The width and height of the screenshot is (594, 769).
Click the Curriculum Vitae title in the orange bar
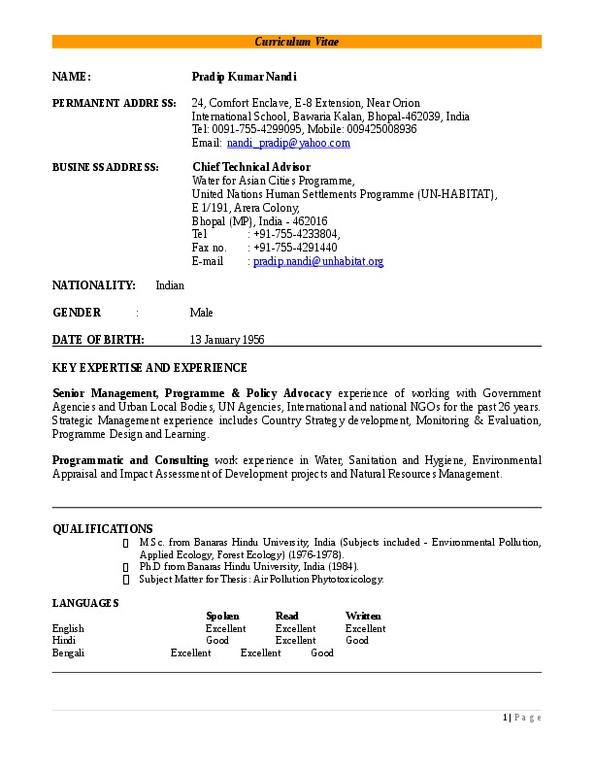(x=297, y=42)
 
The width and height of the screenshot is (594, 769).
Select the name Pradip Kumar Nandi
(x=244, y=77)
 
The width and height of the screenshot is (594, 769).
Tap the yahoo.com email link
(x=288, y=143)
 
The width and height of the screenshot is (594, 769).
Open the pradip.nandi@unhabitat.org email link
(x=318, y=261)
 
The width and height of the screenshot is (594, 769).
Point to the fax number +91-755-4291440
(x=295, y=248)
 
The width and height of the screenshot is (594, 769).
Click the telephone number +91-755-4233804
(x=296, y=234)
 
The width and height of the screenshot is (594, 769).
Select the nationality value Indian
(x=170, y=285)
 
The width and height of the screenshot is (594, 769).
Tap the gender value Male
(x=201, y=313)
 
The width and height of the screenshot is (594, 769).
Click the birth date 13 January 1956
(x=227, y=340)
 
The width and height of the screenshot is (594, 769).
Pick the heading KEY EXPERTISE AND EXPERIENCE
(x=149, y=368)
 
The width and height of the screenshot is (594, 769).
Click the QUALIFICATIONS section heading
(x=102, y=528)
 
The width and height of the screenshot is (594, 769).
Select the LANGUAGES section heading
(x=85, y=603)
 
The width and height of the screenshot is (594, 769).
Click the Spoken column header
(x=222, y=616)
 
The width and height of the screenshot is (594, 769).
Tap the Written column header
(x=363, y=616)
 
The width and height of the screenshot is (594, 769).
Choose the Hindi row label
(x=64, y=641)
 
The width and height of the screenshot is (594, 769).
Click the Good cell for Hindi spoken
(x=217, y=641)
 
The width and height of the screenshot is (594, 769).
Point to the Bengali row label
(x=68, y=653)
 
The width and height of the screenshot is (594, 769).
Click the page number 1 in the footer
(x=506, y=718)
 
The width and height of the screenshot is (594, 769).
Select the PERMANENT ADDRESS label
(x=114, y=103)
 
